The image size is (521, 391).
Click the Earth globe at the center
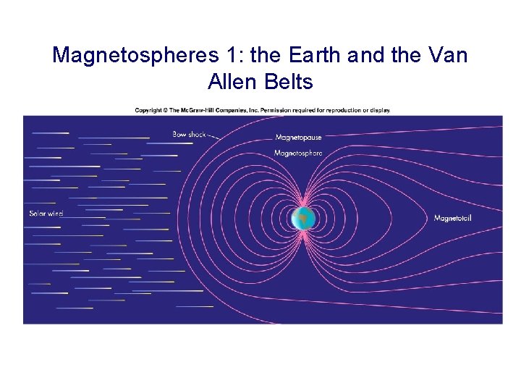[x=303, y=218]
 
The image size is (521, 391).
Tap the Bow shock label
[x=189, y=134]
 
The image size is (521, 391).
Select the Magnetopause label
[x=298, y=138]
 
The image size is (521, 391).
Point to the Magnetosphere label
[x=298, y=153]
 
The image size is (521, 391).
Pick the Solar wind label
[x=46, y=213]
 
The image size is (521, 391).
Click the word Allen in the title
[x=230, y=82]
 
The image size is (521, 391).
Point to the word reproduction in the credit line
[x=338, y=110]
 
